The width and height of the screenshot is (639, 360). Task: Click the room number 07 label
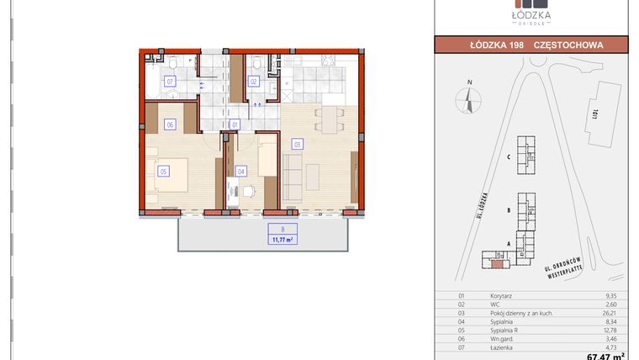170,82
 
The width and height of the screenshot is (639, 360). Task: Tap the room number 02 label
253,82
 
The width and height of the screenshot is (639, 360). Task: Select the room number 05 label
164,171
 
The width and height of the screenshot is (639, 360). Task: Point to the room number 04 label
241,171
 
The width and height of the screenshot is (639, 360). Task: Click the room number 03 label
297,144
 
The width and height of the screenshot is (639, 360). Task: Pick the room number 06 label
170,124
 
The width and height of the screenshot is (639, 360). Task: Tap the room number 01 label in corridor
235,124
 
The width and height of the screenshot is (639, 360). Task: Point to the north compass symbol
467,99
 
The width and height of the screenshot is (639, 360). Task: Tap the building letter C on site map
510,156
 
